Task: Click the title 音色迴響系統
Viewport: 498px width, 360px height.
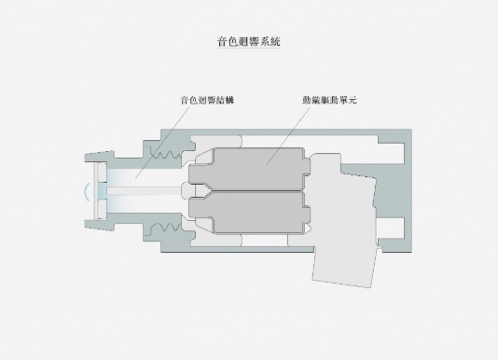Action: point(249,42)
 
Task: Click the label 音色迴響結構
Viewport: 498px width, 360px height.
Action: point(207,101)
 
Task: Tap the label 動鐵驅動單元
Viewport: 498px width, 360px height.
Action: point(329,100)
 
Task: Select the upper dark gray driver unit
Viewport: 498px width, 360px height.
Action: point(249,169)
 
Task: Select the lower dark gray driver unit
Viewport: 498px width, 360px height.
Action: point(249,212)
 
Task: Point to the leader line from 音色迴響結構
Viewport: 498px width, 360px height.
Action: point(162,142)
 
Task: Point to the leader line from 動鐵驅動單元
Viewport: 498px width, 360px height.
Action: point(288,135)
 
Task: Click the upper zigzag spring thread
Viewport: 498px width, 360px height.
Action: point(167,154)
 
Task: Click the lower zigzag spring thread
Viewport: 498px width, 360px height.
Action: point(167,228)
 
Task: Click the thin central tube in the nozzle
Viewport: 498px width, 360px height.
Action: point(145,190)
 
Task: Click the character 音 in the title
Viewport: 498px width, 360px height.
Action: point(222,42)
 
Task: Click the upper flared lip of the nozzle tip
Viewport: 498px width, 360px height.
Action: point(100,157)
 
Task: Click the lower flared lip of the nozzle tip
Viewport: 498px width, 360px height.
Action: point(100,225)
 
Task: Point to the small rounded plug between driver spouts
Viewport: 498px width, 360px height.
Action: point(187,190)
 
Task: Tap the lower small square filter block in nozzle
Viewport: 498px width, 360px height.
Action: point(103,208)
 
